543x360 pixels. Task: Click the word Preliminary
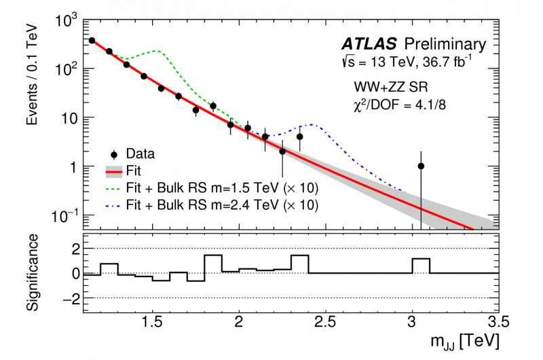click(445, 45)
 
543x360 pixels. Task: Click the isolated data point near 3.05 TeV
click(421, 166)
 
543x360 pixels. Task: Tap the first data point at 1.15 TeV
click(92, 41)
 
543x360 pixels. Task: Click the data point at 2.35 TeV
click(299, 137)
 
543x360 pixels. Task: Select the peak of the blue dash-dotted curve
click(311, 125)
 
